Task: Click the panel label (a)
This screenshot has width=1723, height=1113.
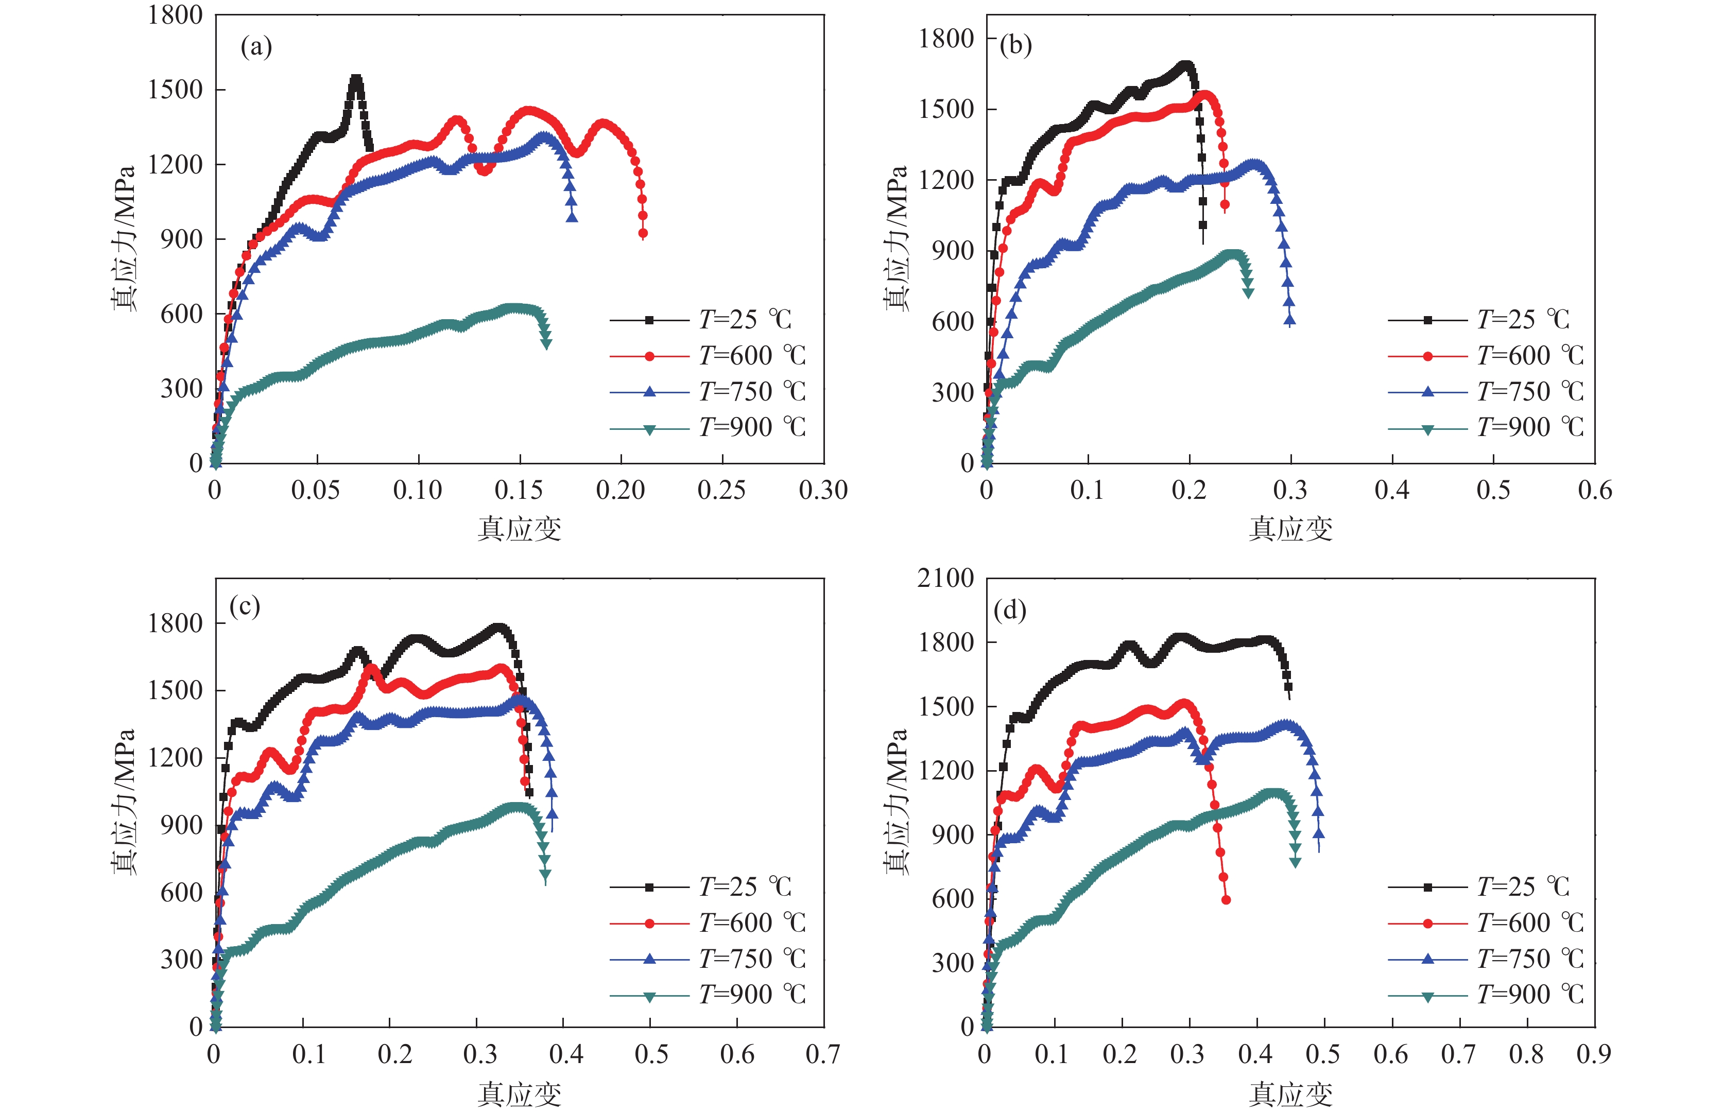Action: coord(256,48)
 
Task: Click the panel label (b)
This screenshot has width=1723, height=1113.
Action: coord(1015,45)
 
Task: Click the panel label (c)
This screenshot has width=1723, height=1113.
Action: coord(244,605)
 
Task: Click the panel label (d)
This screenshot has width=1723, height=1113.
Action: coord(1010,611)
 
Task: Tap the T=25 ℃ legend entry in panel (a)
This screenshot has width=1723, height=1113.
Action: coord(745,320)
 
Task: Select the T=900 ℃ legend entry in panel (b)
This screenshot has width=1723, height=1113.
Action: coord(1529,428)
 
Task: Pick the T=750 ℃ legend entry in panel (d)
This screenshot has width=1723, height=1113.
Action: coord(1529,959)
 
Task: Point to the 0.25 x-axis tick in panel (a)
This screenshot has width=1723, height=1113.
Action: coord(721,491)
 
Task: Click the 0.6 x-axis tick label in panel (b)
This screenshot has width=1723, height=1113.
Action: coord(1594,491)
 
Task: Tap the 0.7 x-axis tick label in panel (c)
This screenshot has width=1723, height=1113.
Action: coord(822,1054)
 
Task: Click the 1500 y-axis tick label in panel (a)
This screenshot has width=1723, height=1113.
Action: coord(175,90)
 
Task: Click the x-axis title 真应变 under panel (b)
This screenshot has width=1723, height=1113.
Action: coord(1290,529)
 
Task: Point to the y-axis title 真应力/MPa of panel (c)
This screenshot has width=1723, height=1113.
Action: coord(124,802)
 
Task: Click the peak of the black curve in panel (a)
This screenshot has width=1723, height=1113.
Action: coord(356,78)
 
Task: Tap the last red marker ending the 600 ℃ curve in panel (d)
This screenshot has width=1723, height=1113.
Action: coord(1226,900)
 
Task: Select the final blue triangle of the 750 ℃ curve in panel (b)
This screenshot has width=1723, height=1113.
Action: coord(1290,320)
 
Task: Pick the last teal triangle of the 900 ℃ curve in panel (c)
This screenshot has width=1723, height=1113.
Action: coord(545,875)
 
